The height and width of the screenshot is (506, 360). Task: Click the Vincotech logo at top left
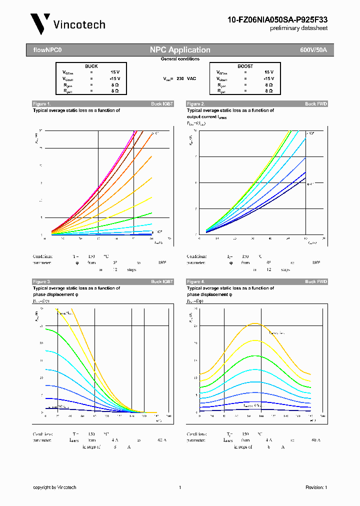[x=67, y=24]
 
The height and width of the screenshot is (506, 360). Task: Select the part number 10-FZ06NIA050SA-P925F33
[x=277, y=19]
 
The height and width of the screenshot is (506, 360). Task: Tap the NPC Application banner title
[x=180, y=50]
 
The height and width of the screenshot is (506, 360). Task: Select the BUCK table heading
[x=91, y=66]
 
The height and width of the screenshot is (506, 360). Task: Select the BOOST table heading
[x=245, y=66]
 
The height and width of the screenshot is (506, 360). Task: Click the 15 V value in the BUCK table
[x=115, y=72]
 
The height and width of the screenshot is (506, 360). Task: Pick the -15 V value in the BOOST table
[x=268, y=79]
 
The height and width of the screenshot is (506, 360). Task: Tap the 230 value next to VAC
[x=180, y=79]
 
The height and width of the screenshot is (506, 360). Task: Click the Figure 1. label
[x=41, y=104]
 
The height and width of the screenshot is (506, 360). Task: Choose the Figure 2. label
[x=195, y=104]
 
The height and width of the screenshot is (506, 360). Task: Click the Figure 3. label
[x=41, y=282]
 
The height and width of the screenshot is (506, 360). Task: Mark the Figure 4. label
[x=195, y=282]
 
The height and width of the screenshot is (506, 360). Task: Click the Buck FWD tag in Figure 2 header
[x=316, y=104]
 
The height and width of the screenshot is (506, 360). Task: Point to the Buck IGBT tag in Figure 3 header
[x=162, y=282]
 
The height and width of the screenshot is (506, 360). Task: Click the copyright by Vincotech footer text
[x=54, y=487]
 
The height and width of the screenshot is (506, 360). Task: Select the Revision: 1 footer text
[x=315, y=487]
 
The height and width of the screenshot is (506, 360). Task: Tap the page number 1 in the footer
[x=179, y=487]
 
